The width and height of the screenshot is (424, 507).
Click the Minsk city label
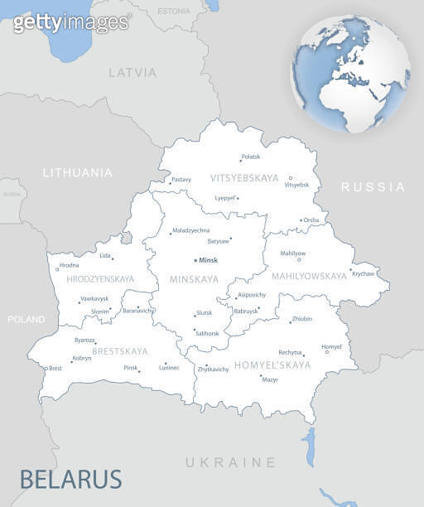(x=208, y=260)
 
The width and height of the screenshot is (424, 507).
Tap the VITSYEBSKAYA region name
(x=244, y=178)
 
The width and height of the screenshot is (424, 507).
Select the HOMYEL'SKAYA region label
(x=272, y=365)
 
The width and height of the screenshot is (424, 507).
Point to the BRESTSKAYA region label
(x=120, y=351)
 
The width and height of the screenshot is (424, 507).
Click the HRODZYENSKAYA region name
(x=100, y=279)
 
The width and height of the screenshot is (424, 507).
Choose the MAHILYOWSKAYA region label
(x=309, y=276)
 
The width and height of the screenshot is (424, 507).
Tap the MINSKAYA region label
(x=194, y=279)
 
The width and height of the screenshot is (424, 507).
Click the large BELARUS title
(x=70, y=479)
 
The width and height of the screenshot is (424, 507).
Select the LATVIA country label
(x=132, y=72)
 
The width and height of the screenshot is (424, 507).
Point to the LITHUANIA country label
(x=78, y=172)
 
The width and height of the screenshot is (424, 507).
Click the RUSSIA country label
(x=373, y=187)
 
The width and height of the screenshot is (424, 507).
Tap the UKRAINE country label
(x=230, y=461)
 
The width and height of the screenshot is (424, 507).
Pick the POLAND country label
(x=26, y=319)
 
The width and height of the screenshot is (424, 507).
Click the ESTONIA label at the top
(x=173, y=11)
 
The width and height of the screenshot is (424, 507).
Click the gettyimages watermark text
(x=71, y=22)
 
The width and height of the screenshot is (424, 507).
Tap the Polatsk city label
(x=250, y=157)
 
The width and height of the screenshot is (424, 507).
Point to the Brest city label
(x=55, y=368)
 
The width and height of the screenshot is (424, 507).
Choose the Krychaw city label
(x=364, y=273)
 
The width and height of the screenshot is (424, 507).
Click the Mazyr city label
(x=270, y=379)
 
